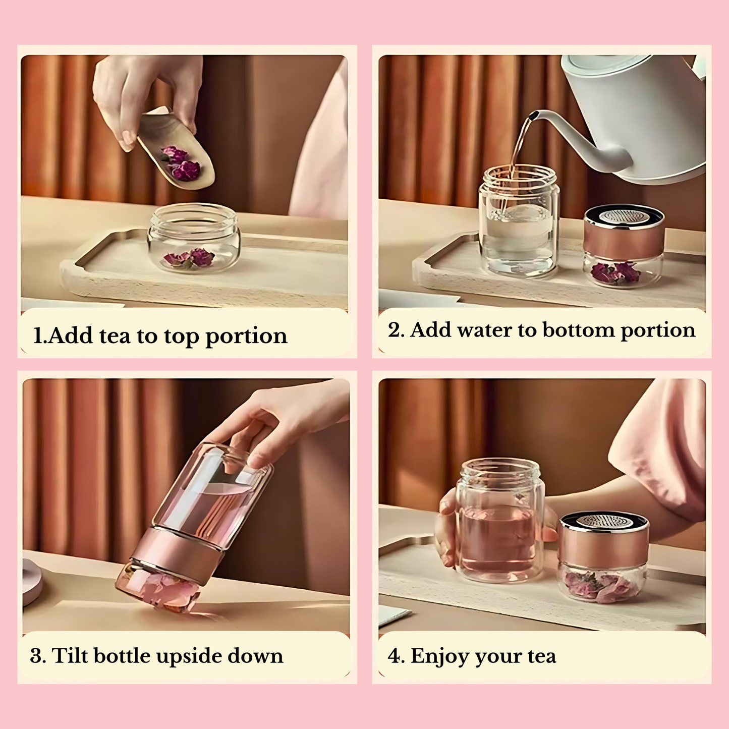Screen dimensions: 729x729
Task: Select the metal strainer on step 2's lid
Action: (624, 216)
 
